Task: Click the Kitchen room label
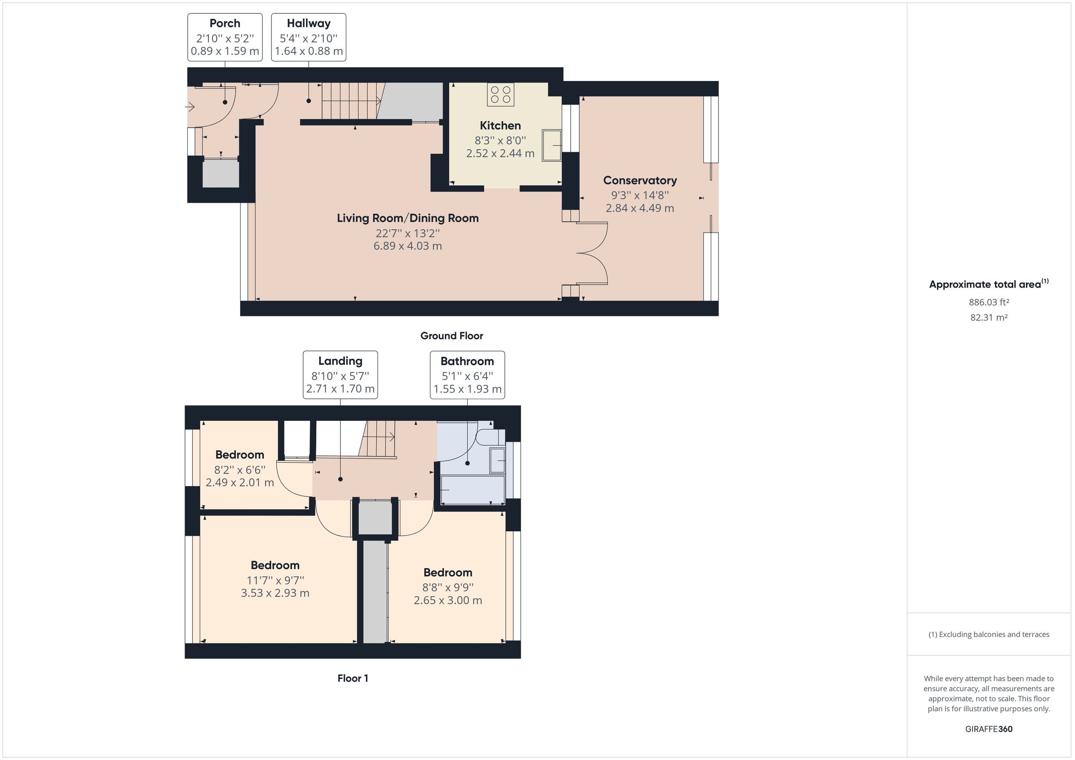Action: tap(500, 125)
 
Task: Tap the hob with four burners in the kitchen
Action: tap(500, 94)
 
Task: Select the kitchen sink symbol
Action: tap(552, 145)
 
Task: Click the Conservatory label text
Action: tap(640, 180)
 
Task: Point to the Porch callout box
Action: tap(225, 38)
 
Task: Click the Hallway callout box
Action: tap(309, 38)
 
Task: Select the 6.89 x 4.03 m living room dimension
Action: tap(407, 246)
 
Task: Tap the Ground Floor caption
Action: tap(451, 336)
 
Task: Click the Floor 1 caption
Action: tap(353, 678)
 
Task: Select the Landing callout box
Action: tap(340, 375)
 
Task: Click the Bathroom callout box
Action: tap(467, 375)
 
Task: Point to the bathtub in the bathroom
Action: tap(473, 490)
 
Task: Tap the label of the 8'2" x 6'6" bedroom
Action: tap(240, 454)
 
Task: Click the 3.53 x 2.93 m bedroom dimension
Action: tap(275, 593)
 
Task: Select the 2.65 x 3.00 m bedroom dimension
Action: tap(447, 600)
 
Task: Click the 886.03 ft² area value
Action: tap(989, 302)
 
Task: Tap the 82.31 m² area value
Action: tap(989, 317)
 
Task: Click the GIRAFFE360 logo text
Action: tap(989, 729)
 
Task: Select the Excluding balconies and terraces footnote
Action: tap(989, 635)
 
